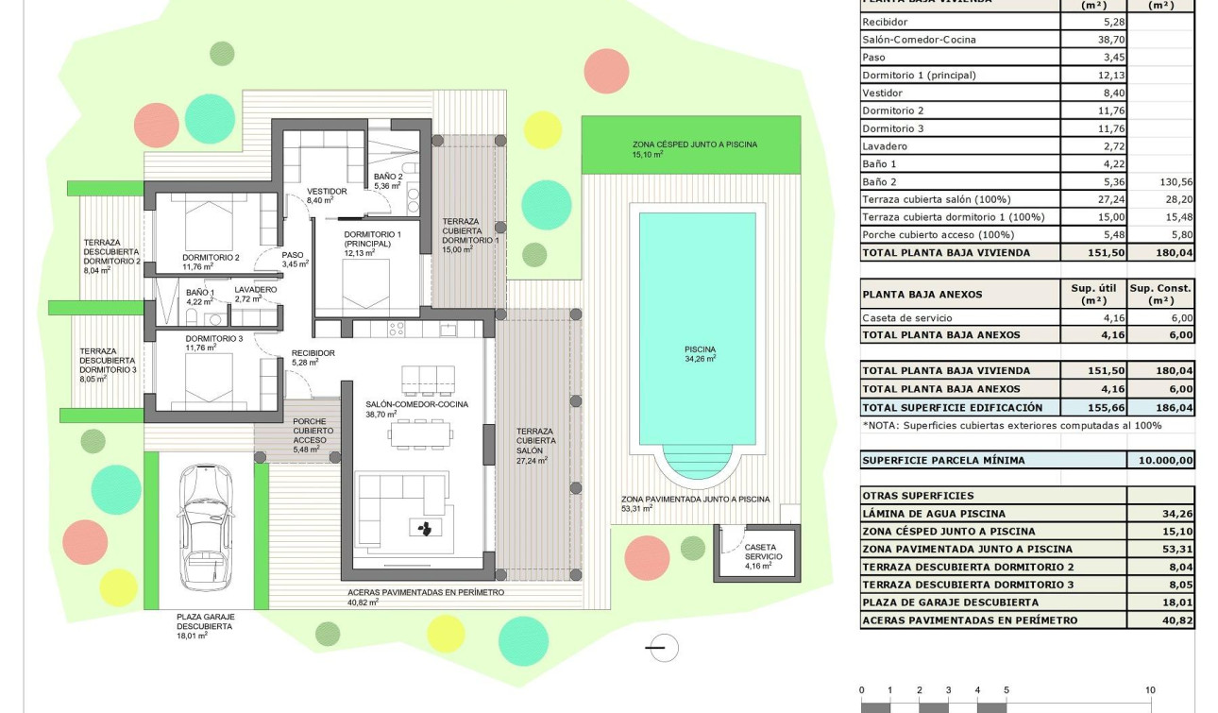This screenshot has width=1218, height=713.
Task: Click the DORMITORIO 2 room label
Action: [211, 257]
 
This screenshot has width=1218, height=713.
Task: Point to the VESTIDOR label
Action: [327, 192]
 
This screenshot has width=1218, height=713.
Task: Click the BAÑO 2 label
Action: [387, 177]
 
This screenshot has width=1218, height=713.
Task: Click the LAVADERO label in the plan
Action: [255, 290]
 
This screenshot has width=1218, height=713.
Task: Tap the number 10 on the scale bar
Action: [1149, 691]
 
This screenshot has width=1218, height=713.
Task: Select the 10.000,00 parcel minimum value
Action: [1160, 461]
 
